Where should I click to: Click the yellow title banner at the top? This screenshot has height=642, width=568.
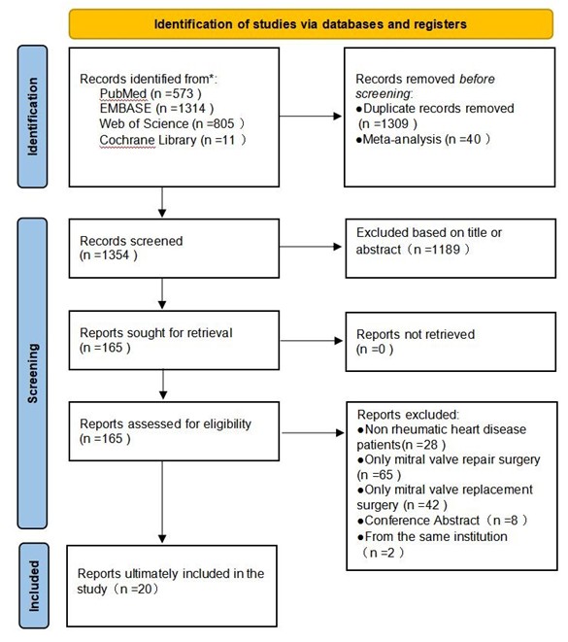point(311,24)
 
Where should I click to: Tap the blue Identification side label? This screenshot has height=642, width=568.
point(32,117)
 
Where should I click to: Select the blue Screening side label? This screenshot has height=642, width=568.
point(32,373)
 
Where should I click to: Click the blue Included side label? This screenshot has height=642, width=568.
point(34,586)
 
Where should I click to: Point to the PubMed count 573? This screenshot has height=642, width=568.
point(182,94)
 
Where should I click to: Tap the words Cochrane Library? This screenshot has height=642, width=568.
point(148,140)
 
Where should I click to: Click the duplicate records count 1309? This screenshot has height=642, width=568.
point(395,123)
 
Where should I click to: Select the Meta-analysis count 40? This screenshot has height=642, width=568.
point(474,139)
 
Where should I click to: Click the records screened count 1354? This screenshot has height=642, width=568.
point(115,255)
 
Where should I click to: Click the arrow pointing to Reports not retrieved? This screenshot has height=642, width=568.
point(311,341)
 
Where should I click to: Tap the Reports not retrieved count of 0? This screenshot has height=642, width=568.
point(382,350)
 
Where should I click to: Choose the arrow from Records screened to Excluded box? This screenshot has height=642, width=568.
point(311,247)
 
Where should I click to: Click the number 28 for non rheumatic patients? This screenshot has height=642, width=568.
point(430,445)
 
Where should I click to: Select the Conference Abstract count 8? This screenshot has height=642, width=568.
point(514,521)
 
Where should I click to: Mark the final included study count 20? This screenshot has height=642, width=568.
point(146,590)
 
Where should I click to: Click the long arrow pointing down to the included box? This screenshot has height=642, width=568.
point(162,502)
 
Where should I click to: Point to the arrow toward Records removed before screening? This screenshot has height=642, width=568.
point(311,117)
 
